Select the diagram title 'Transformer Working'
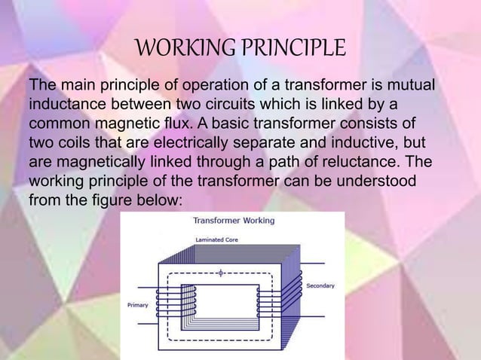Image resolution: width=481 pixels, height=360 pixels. tap(234, 221)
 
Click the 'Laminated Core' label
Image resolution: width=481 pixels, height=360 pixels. tap(217, 240)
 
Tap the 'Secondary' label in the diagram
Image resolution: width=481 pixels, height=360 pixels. tap(320, 286)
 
